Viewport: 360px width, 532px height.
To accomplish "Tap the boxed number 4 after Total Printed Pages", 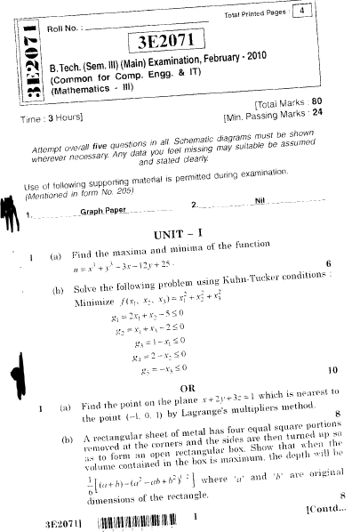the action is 305,12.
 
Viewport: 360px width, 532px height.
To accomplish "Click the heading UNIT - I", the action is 178,233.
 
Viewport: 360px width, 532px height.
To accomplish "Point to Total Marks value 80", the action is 341,102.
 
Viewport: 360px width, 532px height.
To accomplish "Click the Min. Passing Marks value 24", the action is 340,113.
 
